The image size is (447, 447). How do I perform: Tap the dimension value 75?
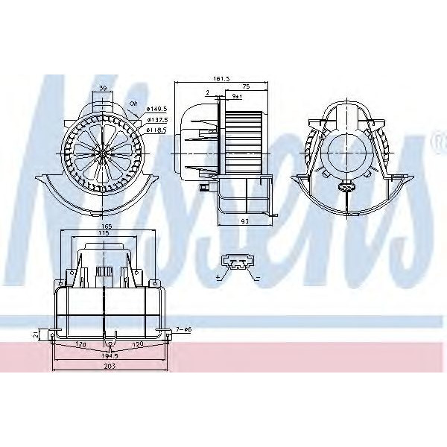coord(245,86)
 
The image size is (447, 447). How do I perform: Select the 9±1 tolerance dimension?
coord(236,96)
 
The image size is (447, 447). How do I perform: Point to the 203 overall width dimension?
coord(109,367)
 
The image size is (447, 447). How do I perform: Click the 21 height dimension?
coord(35,335)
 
